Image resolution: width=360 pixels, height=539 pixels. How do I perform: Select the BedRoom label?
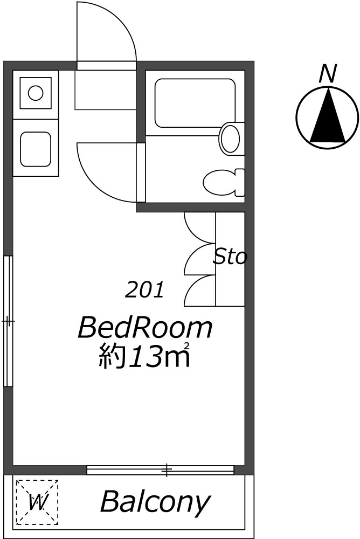click(145, 328)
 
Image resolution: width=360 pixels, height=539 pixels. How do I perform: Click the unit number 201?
click(144, 291)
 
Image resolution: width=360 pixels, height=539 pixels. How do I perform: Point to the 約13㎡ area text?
click(145, 356)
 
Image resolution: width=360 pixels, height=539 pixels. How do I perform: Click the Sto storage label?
click(230, 257)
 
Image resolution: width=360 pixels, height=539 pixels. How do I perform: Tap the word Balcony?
click(154, 502)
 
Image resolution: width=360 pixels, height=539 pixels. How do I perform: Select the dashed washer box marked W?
click(37, 502)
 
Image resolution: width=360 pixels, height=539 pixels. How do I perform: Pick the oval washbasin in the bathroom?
click(231, 139)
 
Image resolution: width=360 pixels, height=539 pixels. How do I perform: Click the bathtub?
click(195, 103)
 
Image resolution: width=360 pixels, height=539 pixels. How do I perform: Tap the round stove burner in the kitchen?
click(36, 93)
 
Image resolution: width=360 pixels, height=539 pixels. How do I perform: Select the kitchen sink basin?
click(36, 149)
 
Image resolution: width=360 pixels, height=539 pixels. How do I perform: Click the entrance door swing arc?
click(106, 32)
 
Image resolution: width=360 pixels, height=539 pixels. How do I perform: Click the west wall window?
click(8, 321)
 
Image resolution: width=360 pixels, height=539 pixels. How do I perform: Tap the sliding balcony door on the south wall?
click(161, 471)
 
